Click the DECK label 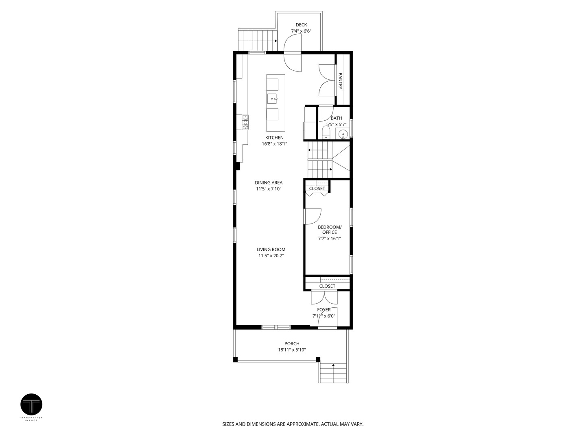(x=301, y=25)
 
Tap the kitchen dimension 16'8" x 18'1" (x=274, y=143)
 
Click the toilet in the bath (x=326, y=133)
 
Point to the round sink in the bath (x=343, y=133)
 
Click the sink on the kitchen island (x=273, y=98)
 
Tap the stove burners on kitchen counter (x=246, y=122)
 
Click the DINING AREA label (x=269, y=183)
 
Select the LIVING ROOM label (x=271, y=250)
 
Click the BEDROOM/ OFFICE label (x=330, y=230)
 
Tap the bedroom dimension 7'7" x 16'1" (x=329, y=239)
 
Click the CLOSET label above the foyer (x=327, y=286)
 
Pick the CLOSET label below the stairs (x=317, y=189)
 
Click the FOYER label (x=324, y=310)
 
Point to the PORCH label (x=292, y=343)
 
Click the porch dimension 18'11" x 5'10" (x=292, y=350)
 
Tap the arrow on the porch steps (x=333, y=365)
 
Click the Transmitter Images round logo (x=31, y=404)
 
